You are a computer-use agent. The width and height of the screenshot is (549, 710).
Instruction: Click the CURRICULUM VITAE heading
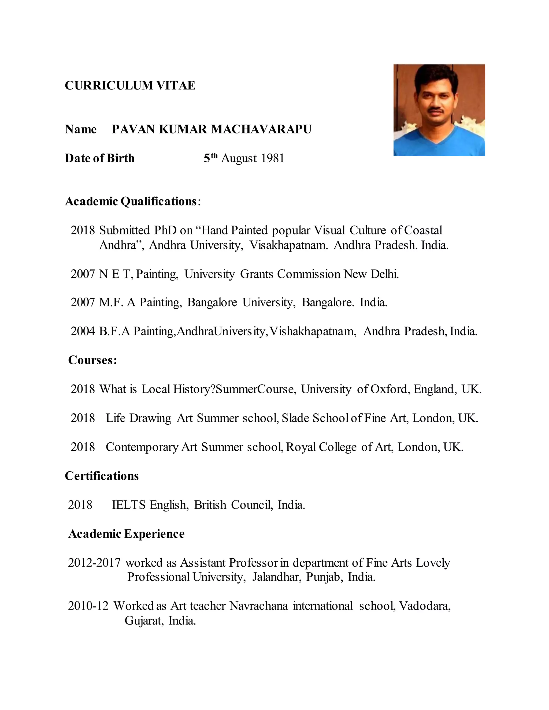tap(130, 85)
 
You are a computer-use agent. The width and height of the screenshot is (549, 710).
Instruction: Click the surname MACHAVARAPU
tap(261, 129)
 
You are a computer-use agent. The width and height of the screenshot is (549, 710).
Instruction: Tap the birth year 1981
tap(273, 158)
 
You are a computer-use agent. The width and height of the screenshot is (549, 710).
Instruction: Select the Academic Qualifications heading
tap(131, 201)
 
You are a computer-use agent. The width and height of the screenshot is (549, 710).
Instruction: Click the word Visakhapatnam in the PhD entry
tap(289, 245)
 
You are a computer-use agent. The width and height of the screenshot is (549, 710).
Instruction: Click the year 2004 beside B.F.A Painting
tap(83, 331)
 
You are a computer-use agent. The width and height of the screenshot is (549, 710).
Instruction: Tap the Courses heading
tap(92, 360)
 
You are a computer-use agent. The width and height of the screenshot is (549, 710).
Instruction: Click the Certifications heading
tap(102, 476)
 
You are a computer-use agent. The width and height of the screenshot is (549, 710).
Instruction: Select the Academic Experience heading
tap(126, 534)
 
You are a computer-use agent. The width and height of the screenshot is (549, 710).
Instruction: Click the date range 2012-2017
tap(94, 563)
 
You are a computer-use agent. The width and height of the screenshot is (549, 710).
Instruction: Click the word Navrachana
tap(259, 606)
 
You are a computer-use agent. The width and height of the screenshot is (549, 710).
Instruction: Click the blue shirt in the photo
tap(439, 143)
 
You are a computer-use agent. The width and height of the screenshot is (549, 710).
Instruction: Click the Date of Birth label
tap(99, 158)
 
